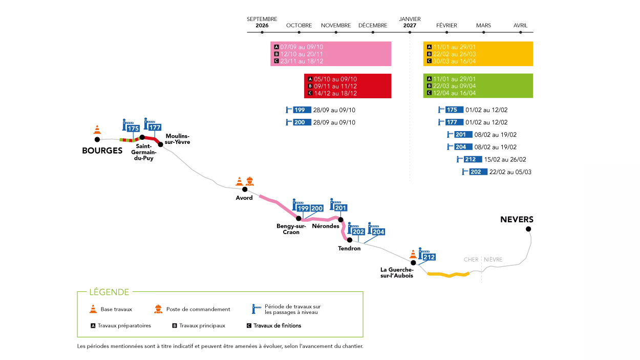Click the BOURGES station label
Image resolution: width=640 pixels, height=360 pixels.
coord(102,151)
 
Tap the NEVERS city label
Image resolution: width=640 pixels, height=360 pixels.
coord(517,219)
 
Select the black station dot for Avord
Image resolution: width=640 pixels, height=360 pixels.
coord(245,189)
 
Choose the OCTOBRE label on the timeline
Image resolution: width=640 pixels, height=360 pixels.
coord(299,26)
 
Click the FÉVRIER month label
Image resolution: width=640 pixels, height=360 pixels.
coord(446,26)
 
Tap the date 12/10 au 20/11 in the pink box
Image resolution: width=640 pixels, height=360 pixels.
coord(302,54)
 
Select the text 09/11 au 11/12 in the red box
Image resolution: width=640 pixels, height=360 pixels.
coord(335,86)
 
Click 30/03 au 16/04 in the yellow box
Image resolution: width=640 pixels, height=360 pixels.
coord(454,61)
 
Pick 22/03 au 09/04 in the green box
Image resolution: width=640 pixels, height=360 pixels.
coord(454,86)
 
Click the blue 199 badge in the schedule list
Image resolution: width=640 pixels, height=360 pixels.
coord(302,110)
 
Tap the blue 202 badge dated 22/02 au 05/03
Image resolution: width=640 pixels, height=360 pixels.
coord(478,172)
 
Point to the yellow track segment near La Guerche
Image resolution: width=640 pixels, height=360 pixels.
coord(449,275)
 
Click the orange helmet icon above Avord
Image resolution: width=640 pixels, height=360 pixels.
coord(250,181)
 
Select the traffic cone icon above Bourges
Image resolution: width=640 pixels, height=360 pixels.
coord(97,130)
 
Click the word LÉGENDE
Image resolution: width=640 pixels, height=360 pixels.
coord(109,292)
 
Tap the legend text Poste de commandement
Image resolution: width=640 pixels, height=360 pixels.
coord(198,309)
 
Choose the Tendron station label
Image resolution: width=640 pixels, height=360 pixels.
coord(349,248)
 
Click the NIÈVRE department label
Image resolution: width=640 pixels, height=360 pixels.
coord(493,260)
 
